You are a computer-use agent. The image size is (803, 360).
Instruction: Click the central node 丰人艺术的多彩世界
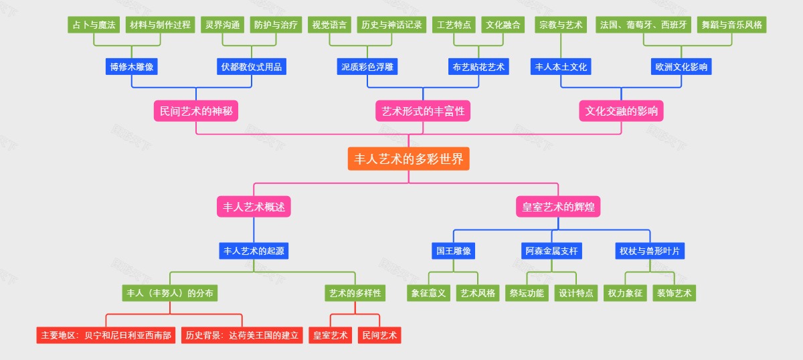(x=408, y=159)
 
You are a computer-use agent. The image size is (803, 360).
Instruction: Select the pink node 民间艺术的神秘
(x=196, y=111)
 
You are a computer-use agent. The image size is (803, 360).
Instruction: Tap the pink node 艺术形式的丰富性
(x=423, y=111)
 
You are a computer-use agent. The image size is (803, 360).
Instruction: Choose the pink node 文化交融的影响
(x=621, y=111)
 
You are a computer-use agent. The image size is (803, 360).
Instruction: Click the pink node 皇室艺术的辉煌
(x=558, y=207)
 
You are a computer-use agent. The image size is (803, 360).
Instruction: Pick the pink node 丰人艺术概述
(x=254, y=207)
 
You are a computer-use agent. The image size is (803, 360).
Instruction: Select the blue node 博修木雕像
(x=132, y=67)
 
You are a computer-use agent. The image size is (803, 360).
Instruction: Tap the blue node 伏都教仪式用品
(x=252, y=67)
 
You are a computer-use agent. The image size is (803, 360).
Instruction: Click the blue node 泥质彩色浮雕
(x=367, y=67)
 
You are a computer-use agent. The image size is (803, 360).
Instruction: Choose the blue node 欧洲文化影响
(x=682, y=67)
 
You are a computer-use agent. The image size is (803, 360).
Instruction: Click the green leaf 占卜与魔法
(x=94, y=25)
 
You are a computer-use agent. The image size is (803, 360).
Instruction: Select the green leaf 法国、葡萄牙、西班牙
(x=643, y=25)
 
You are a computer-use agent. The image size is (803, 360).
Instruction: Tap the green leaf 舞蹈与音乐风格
(x=731, y=25)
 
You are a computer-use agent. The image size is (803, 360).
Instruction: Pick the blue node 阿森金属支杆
(x=551, y=251)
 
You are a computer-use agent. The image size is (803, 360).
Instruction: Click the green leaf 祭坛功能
(x=527, y=293)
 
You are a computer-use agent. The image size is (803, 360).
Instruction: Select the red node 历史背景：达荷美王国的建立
(x=242, y=335)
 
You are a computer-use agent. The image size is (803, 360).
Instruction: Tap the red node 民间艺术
(x=379, y=335)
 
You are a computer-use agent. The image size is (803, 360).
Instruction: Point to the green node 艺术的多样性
(x=355, y=293)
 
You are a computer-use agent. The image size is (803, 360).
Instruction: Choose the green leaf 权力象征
(x=625, y=293)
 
